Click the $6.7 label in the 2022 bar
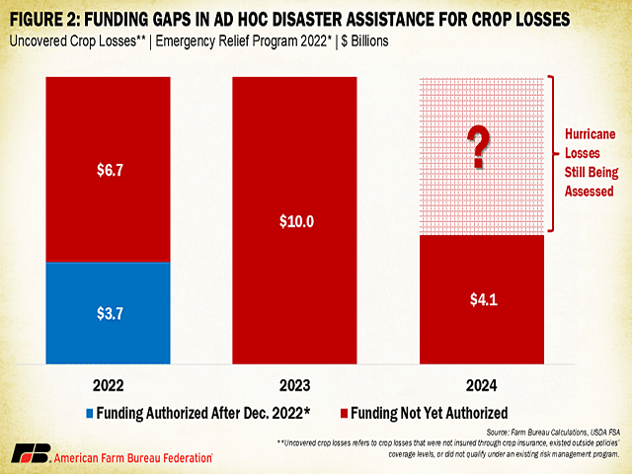(x=109, y=170)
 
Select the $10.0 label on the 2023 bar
(x=295, y=220)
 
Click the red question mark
(x=481, y=146)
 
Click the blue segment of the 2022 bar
(x=109, y=311)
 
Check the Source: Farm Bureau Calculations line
(x=547, y=433)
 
